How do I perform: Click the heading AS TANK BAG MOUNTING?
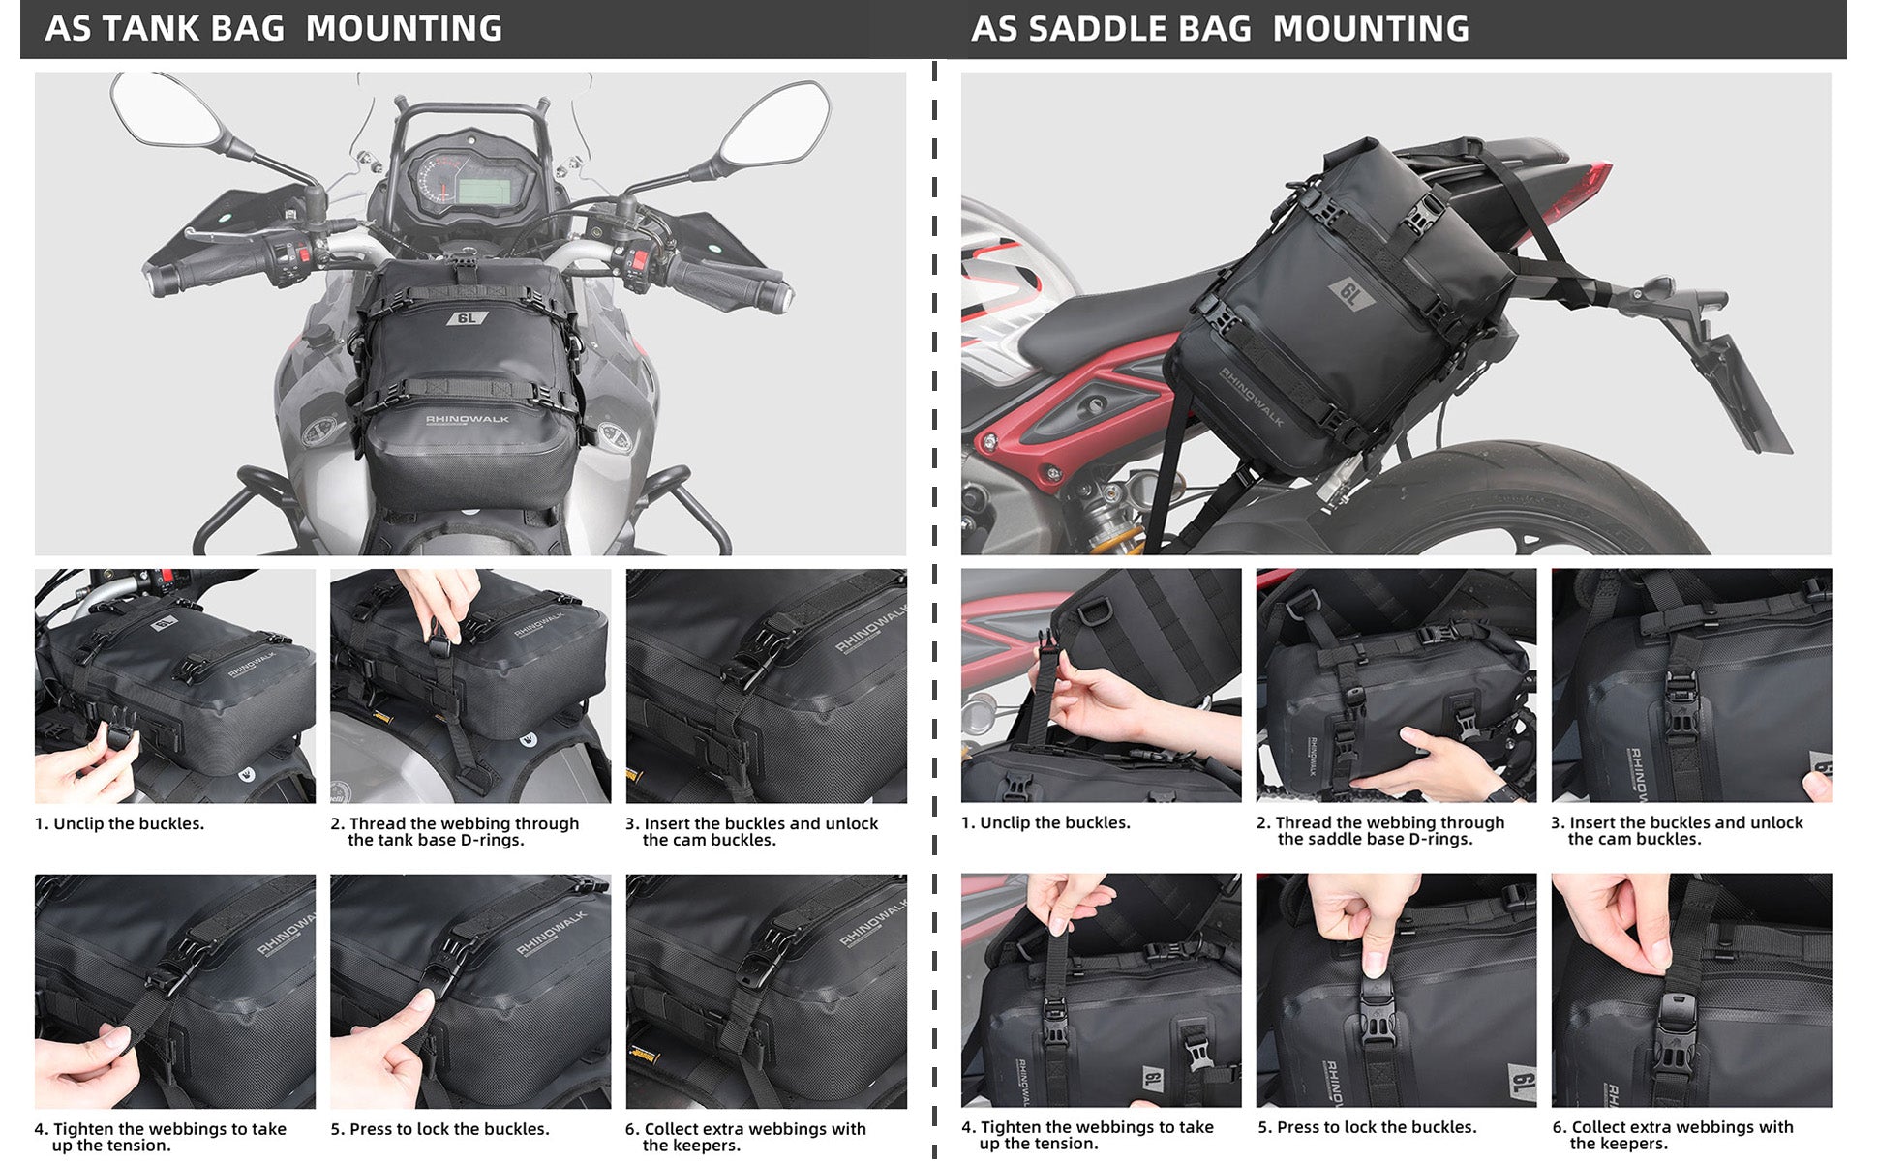pos(274,29)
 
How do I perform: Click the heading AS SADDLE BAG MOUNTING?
pos(1220,29)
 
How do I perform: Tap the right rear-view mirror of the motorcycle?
pos(774,124)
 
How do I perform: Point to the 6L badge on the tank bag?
pos(467,317)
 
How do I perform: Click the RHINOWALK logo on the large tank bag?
pos(468,419)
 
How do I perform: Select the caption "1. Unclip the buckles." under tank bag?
pos(119,823)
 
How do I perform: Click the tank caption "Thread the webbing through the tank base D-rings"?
pos(454,831)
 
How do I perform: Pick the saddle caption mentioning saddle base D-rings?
pos(1380,830)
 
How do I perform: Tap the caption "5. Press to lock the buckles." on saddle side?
pos(1367,1127)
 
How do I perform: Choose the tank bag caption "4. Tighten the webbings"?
pos(160,1137)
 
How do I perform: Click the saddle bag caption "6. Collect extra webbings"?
pos(1673,1135)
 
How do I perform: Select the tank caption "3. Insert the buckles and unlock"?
pos(751,831)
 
